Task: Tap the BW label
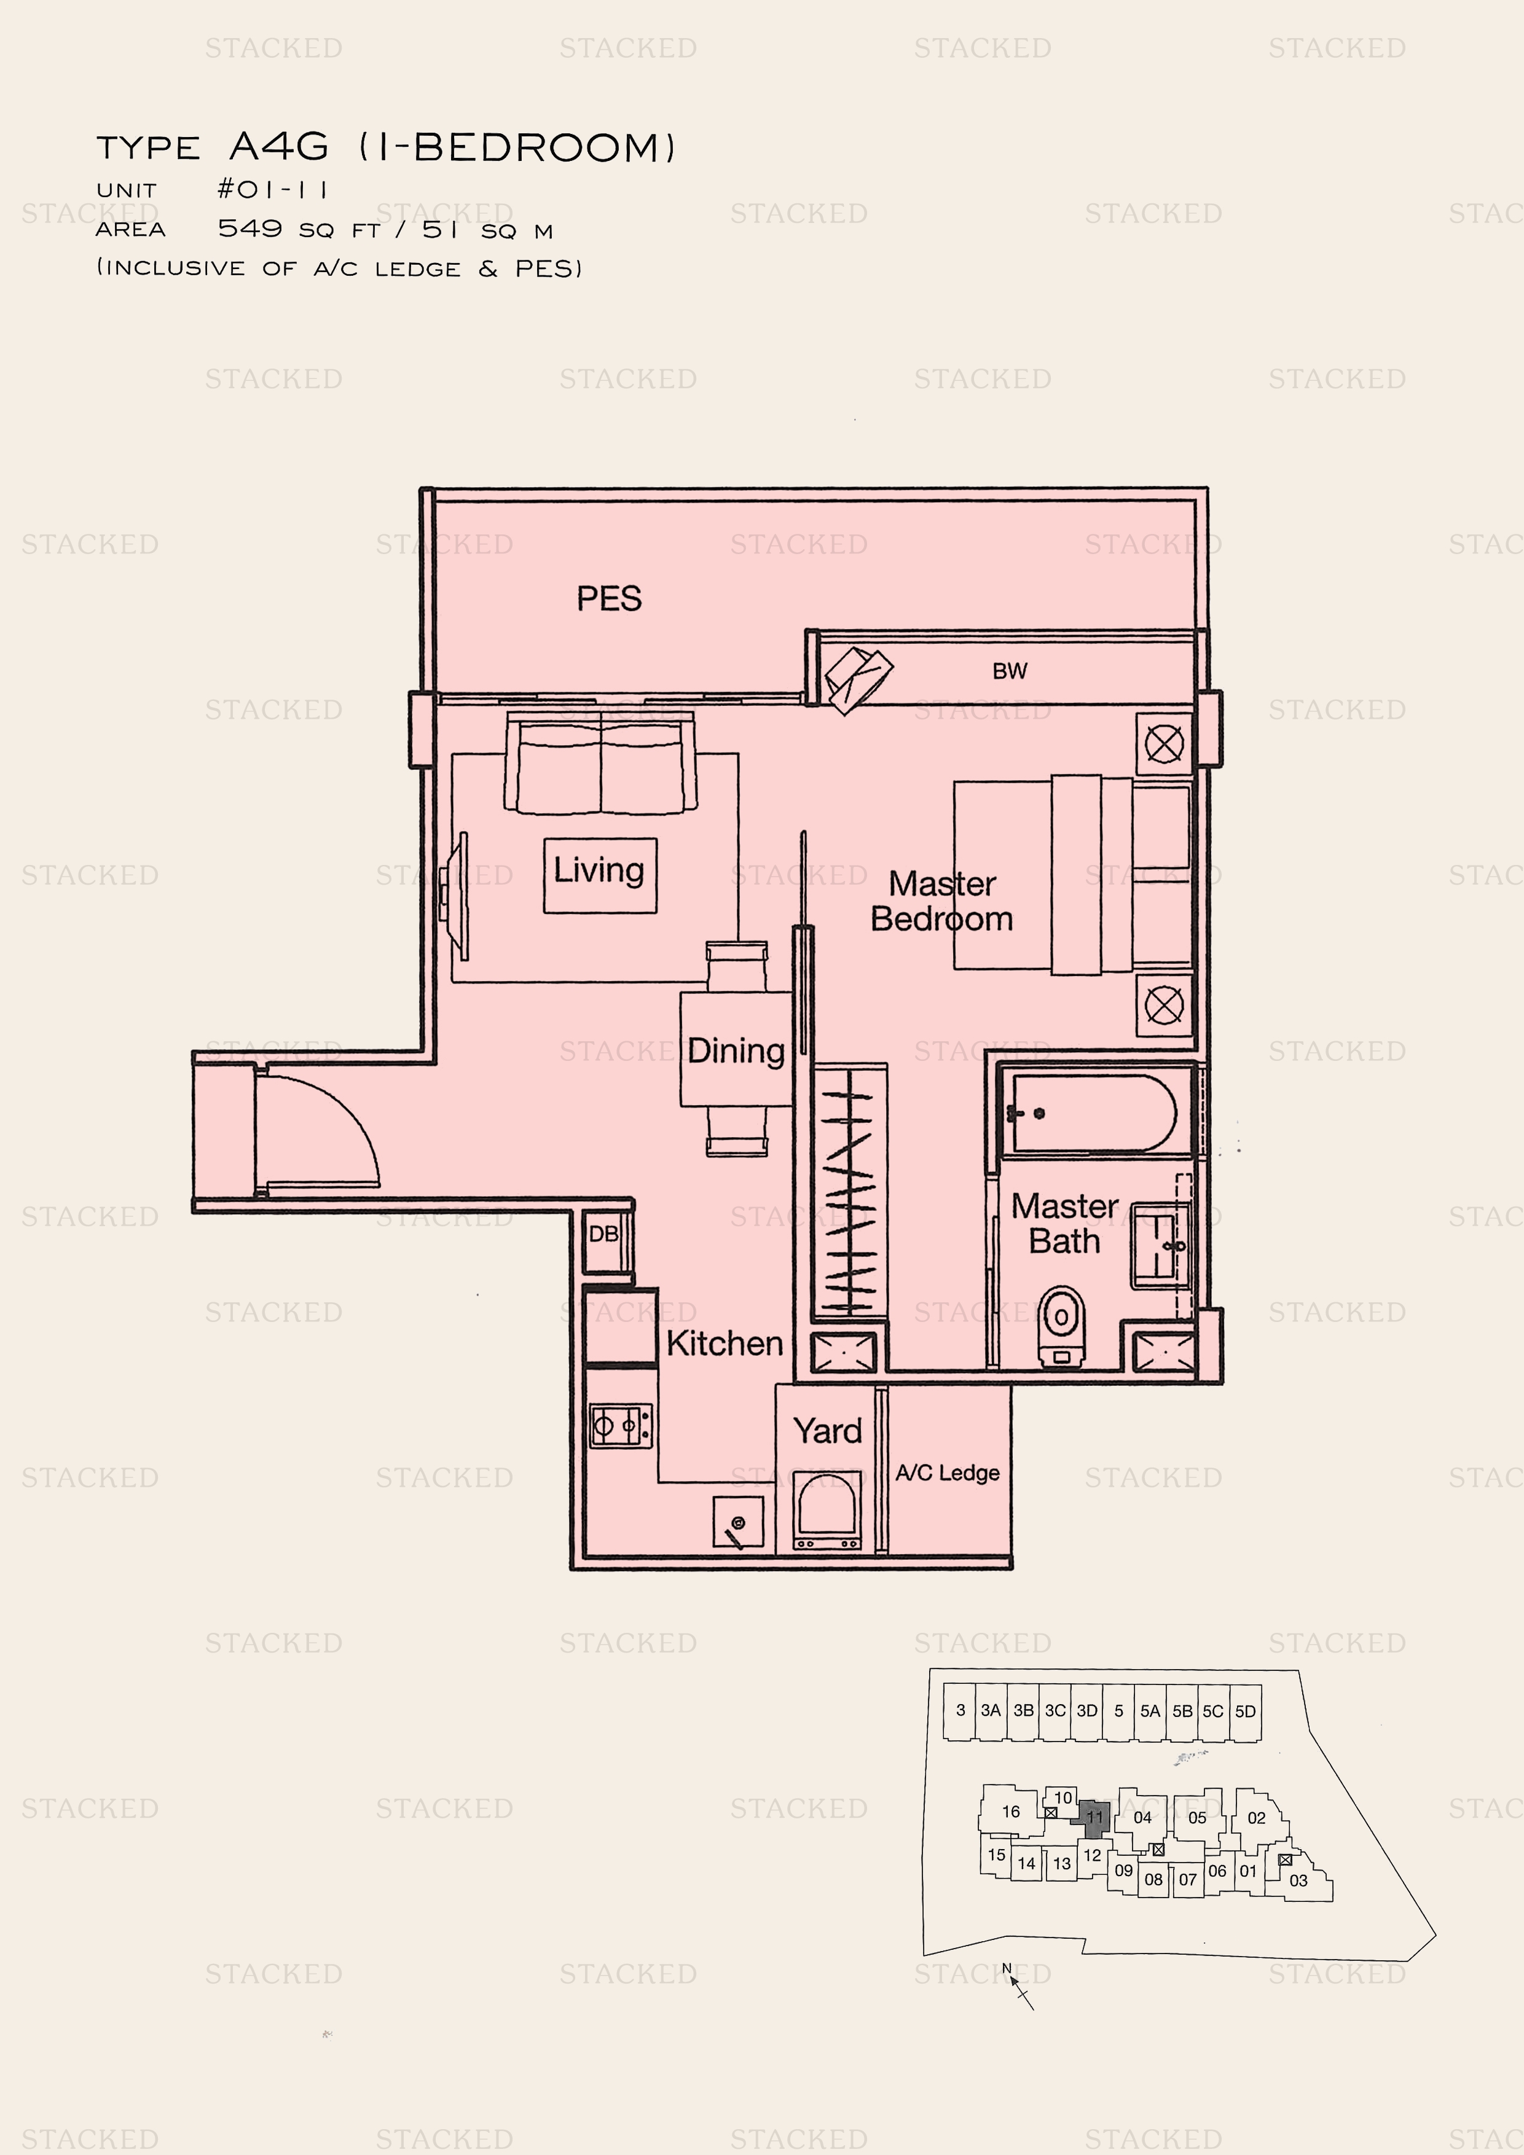1010,671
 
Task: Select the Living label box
600,875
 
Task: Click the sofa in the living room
601,762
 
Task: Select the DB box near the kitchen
605,1234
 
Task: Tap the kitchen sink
737,1522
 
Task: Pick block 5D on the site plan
1244,1710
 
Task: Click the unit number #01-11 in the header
272,190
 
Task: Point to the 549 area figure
249,228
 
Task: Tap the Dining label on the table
736,1050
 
